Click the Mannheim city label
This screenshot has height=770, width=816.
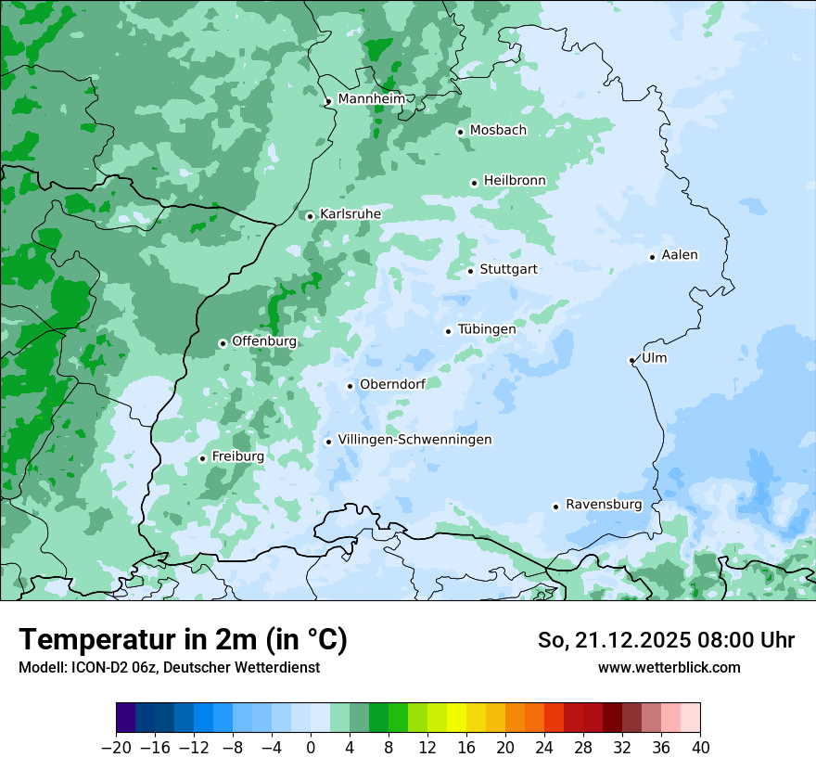[371, 99]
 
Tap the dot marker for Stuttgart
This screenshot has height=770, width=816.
[471, 271]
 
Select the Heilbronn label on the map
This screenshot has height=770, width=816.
[515, 180]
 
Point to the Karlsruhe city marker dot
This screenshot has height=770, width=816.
[311, 216]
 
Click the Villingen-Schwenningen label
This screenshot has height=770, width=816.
[414, 440]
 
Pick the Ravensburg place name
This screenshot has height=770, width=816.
[604, 505]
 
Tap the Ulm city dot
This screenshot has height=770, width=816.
[631, 360]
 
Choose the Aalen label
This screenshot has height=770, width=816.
[680, 255]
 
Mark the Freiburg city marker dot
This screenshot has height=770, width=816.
[202, 458]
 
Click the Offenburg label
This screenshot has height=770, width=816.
[264, 340]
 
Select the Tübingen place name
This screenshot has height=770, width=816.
[487, 329]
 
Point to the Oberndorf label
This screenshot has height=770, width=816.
[392, 384]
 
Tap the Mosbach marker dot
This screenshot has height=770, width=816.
[460, 132]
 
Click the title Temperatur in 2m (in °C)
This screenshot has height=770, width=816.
[183, 639]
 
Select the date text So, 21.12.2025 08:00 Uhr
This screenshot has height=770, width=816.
[666, 640]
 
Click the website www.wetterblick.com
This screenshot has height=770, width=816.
[669, 667]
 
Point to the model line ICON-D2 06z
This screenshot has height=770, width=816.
[169, 667]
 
